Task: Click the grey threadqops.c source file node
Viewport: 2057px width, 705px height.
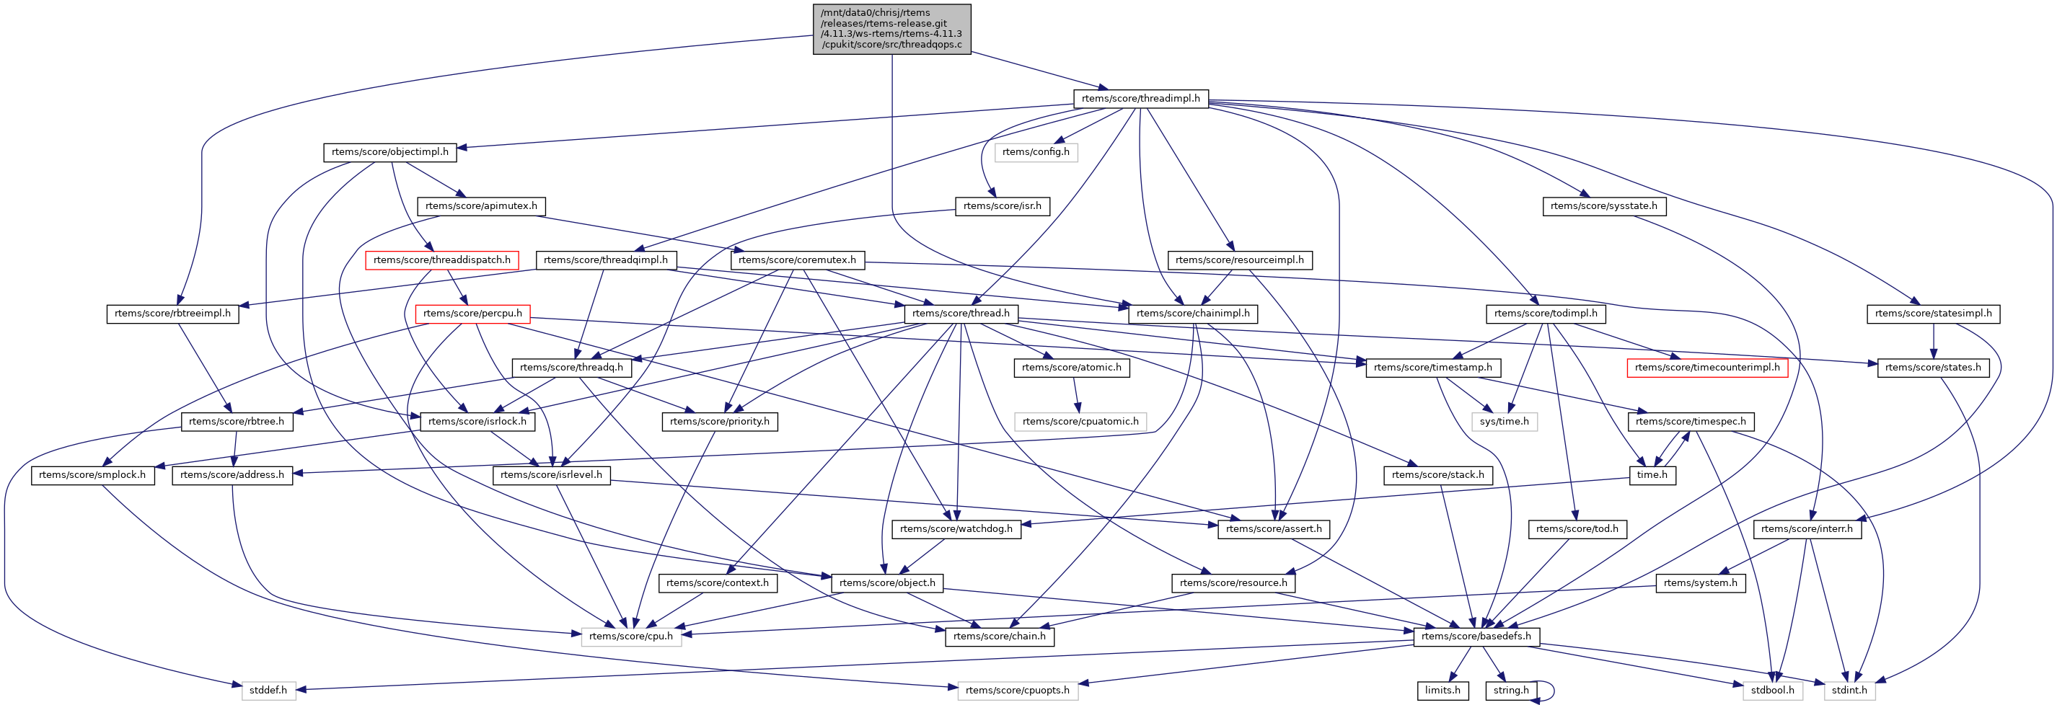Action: [891, 29]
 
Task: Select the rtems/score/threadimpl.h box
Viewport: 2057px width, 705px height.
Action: [1140, 98]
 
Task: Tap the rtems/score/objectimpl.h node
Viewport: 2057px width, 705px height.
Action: [389, 151]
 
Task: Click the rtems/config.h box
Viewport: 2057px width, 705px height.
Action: [1036, 151]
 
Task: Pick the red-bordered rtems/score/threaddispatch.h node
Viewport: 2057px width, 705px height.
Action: [441, 260]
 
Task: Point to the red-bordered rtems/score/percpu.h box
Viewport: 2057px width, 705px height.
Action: [472, 313]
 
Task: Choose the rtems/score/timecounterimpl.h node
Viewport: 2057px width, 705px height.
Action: [1706, 367]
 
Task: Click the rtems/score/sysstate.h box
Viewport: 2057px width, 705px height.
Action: [1603, 206]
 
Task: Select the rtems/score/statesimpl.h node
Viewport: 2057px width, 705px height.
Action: [1933, 313]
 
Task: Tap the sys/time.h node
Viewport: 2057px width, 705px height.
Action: [1504, 421]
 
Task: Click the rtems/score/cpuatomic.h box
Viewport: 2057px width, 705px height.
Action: [1080, 421]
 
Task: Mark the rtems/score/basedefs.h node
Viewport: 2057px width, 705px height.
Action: [1476, 636]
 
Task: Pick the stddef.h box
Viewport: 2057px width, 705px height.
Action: [268, 690]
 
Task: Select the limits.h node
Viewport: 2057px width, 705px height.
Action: [1443, 690]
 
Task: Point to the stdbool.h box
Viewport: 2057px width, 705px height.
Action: [1773, 690]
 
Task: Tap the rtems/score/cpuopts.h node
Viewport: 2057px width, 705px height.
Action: [1017, 690]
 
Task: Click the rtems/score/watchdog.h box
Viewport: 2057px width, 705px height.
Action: [956, 528]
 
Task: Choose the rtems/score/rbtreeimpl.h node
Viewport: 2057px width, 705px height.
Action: [172, 313]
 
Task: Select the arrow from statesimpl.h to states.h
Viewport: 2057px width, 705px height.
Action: [1933, 340]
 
